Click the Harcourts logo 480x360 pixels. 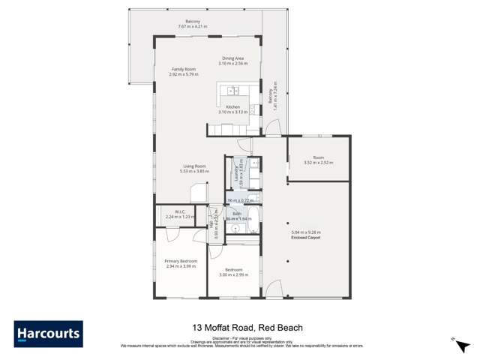pyautogui.click(x=48, y=333)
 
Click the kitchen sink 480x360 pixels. pyautogui.click(x=232, y=90)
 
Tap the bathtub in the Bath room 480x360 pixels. pyautogui.click(x=253, y=219)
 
